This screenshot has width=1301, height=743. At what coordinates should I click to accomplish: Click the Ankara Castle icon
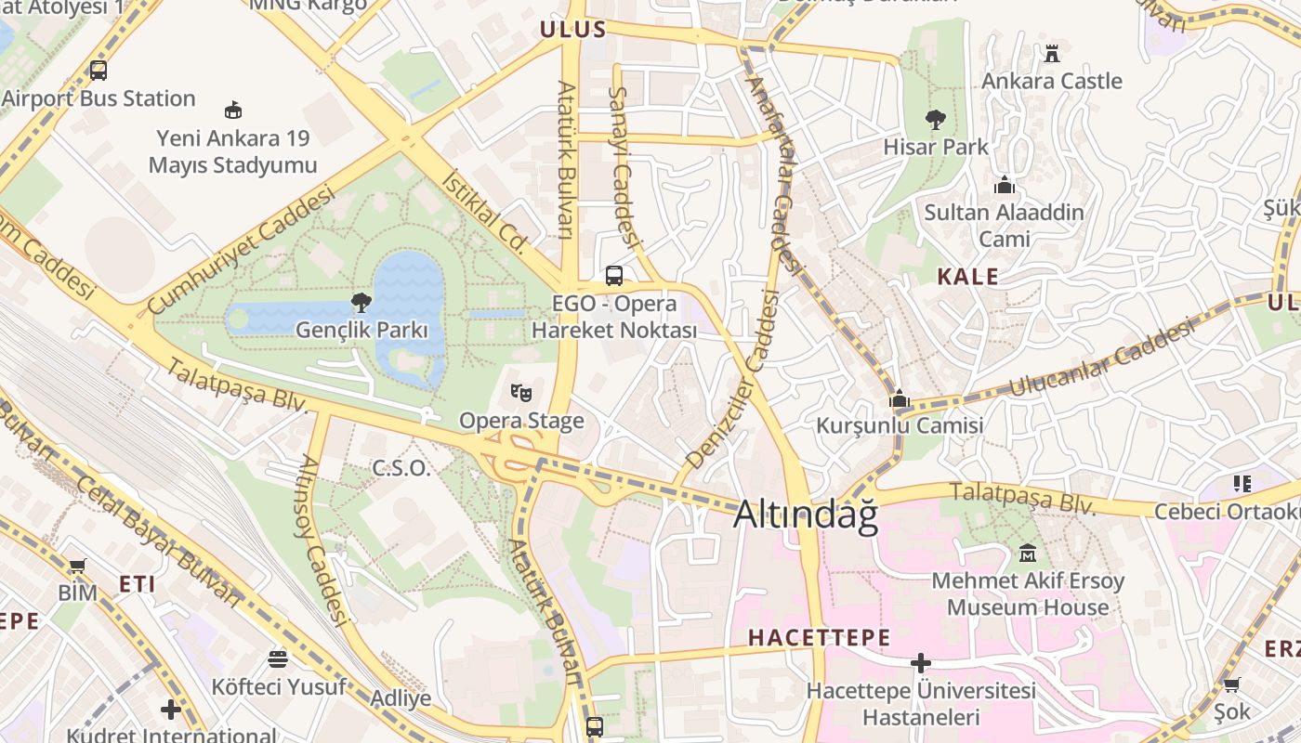tap(1051, 54)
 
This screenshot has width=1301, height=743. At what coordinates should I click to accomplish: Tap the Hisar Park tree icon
tap(935, 119)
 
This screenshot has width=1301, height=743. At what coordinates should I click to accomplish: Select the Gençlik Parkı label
tap(361, 330)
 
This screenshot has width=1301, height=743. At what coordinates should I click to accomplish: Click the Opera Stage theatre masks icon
tap(520, 393)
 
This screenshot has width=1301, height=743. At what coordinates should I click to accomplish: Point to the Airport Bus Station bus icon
tap(98, 70)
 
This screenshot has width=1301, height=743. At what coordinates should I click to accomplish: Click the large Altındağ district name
tap(806, 515)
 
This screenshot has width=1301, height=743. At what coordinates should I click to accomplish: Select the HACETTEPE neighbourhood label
tap(819, 638)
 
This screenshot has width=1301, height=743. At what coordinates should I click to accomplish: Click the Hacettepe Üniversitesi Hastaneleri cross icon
tap(920, 663)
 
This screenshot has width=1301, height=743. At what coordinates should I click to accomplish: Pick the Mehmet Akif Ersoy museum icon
tap(1028, 554)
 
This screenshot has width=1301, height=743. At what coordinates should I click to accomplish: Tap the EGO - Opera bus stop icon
tap(613, 275)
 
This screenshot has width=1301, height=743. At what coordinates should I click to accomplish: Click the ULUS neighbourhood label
tap(573, 30)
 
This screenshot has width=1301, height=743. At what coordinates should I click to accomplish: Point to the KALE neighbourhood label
tap(967, 277)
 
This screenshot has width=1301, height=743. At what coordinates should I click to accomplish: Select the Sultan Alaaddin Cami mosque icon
tap(1004, 185)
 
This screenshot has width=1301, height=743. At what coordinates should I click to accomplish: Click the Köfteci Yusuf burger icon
tap(277, 659)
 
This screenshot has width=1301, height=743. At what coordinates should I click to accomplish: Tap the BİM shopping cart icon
tap(77, 566)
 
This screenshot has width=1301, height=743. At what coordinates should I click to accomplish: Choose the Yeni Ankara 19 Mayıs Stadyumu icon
tap(233, 110)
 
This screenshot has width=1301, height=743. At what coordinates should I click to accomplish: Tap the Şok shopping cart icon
tap(1231, 685)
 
